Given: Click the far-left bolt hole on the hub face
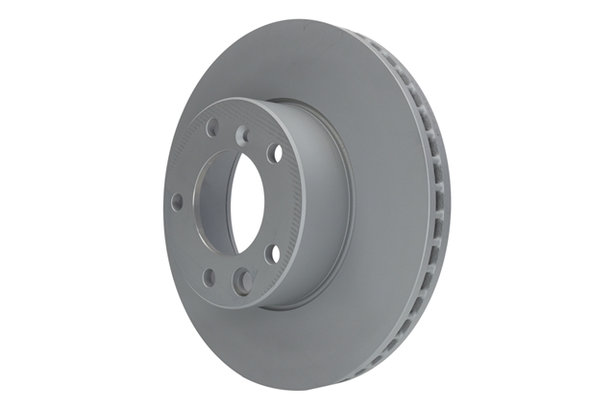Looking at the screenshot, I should tap(178, 202).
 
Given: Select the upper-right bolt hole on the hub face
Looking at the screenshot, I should tap(275, 153).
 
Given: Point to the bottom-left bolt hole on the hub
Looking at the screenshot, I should tap(209, 278).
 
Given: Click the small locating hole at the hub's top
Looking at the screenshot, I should tap(242, 135).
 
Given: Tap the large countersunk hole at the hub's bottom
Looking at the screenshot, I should tap(242, 280).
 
